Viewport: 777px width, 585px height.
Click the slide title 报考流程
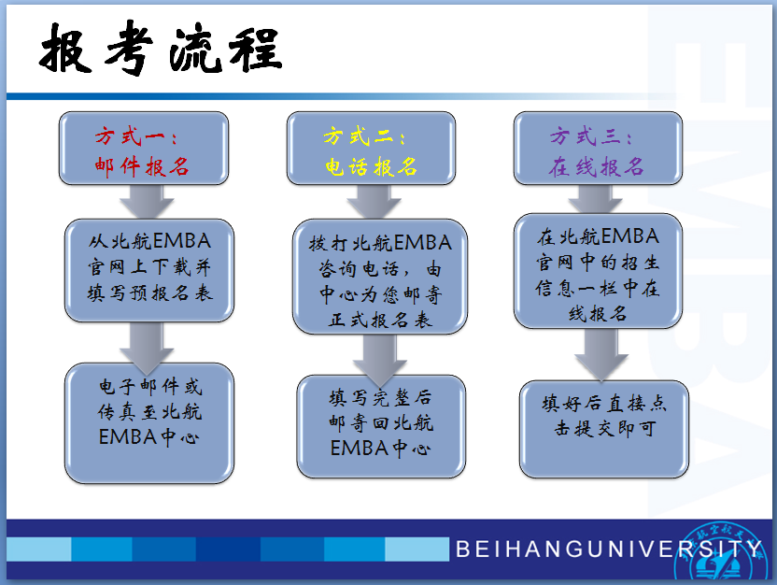point(161,48)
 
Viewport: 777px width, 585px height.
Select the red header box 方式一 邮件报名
point(144,149)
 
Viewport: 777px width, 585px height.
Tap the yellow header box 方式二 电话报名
point(371,149)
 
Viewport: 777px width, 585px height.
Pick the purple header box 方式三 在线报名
point(598,149)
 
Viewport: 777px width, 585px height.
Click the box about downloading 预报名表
point(149,270)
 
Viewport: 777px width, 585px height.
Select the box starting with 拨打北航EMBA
point(380,277)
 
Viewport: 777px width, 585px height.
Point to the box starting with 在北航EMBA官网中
point(598,271)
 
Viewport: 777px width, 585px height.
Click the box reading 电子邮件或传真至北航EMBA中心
point(149,423)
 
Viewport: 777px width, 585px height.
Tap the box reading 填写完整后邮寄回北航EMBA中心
point(381,426)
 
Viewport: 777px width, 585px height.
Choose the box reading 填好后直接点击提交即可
point(604,429)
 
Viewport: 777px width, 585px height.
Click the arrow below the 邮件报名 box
point(147,202)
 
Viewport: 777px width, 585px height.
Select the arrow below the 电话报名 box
point(374,202)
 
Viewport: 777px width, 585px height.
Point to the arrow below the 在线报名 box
point(595,199)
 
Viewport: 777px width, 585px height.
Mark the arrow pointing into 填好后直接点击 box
point(601,354)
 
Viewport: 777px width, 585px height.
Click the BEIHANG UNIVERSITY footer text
point(609,549)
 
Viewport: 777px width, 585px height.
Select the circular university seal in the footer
point(721,553)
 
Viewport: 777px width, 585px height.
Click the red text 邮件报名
point(142,166)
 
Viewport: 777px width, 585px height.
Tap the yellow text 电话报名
point(371,166)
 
